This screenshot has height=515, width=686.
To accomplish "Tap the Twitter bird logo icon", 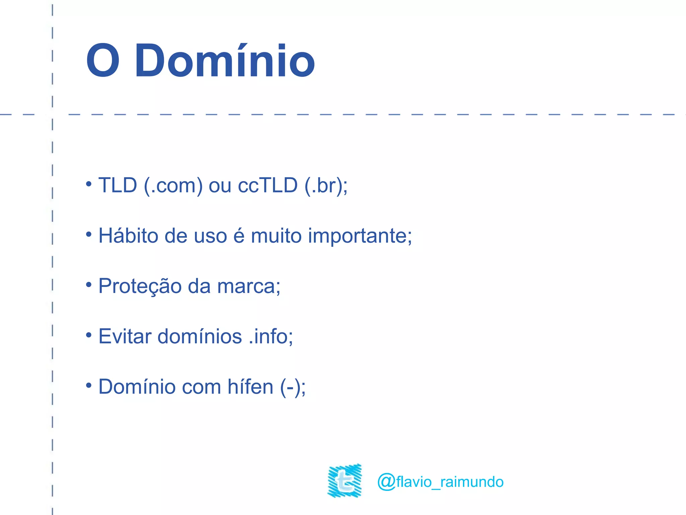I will click(345, 480).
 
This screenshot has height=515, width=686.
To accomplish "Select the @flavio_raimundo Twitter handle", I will click(440, 482).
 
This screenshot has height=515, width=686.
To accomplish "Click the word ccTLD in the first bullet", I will click(268, 185).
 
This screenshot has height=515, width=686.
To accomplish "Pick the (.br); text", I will click(326, 185).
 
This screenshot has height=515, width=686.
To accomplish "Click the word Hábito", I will click(128, 235).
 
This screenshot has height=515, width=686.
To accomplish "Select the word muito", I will click(276, 235).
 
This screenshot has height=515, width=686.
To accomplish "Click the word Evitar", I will click(125, 336).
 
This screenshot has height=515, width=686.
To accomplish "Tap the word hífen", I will click(250, 387).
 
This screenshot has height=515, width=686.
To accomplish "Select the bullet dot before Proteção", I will click(88, 285).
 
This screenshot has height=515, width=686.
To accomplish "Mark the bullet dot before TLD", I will click(88, 184).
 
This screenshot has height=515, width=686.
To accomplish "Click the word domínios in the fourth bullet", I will click(200, 336).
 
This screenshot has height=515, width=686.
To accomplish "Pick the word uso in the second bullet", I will click(211, 236).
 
